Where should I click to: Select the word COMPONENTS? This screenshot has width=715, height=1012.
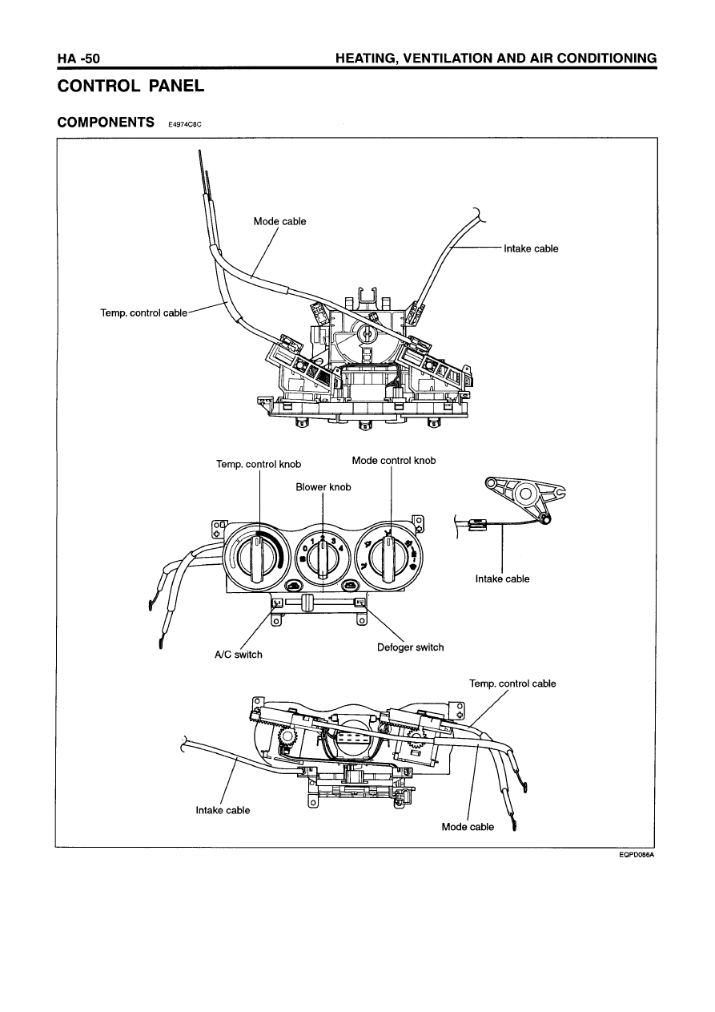point(106,122)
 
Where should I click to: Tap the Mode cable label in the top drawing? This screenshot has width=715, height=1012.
point(279,221)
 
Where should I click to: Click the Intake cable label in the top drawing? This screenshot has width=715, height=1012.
point(531,248)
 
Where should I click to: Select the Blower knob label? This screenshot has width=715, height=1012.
point(323,486)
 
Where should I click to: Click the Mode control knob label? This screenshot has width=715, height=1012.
point(394,461)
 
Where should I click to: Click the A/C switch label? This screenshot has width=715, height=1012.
point(238,655)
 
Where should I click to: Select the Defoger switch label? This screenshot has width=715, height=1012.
point(410,647)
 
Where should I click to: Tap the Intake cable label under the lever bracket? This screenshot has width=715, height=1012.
point(502,579)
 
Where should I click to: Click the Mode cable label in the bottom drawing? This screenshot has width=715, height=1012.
point(468,826)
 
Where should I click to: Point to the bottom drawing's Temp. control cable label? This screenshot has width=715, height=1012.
point(512,683)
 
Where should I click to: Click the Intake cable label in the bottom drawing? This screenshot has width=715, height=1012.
point(223,810)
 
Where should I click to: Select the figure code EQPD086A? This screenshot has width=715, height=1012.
point(637,855)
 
